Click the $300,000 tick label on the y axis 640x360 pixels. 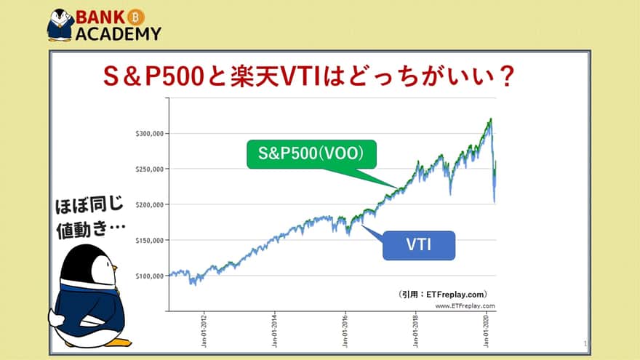149,134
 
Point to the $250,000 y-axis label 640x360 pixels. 149,169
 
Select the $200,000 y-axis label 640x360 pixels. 149,204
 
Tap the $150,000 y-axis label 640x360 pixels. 149,241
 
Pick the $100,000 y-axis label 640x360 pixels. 149,276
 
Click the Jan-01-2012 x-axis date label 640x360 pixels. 204,331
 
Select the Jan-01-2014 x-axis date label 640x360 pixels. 274,331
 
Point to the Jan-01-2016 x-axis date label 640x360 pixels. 345,331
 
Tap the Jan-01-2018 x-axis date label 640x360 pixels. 415,331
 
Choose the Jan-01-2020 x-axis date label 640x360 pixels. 486,331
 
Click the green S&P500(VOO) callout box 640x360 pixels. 311,154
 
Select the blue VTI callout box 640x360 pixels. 419,245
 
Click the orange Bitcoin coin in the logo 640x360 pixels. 136,17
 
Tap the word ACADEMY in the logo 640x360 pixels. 119,33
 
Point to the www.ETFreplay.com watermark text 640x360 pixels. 465,305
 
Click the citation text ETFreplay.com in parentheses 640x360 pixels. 455,295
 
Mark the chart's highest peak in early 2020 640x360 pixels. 491,119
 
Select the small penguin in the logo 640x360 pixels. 60,25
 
